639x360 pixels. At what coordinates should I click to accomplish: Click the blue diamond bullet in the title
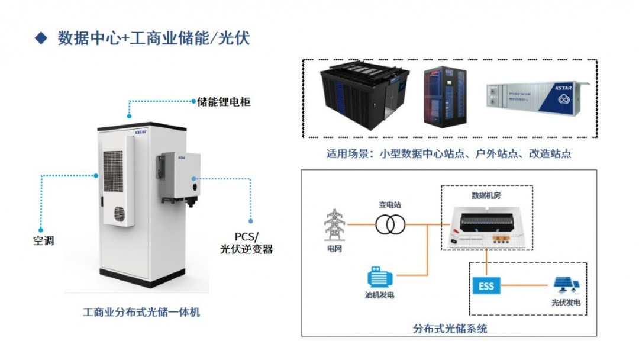click(41, 38)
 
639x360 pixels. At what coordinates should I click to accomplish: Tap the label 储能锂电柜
click(223, 102)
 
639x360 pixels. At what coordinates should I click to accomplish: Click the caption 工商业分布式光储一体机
click(141, 311)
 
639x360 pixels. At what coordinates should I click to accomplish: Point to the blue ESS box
click(486, 287)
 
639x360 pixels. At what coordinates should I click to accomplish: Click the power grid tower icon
click(334, 225)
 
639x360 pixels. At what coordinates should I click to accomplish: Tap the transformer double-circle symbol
click(390, 224)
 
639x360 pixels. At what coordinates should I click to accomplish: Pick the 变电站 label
click(390, 204)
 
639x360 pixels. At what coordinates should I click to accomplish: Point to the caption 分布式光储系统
click(450, 328)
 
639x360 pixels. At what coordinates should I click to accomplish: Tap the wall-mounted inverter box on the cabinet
click(180, 177)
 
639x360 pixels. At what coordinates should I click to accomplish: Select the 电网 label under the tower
click(334, 249)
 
